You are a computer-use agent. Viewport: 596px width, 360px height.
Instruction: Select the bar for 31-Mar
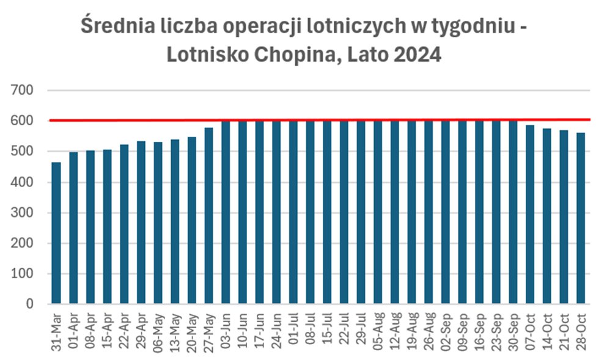[x=56, y=233]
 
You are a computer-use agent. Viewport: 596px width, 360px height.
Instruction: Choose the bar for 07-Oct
[x=529, y=215]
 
